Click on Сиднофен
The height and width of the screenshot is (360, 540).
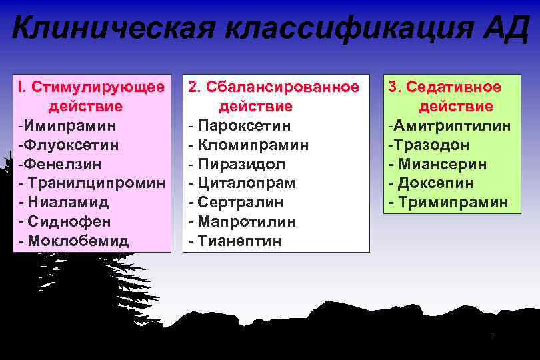(69, 221)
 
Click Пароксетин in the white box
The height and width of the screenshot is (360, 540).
(245, 125)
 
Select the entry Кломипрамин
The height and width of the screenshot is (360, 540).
(253, 145)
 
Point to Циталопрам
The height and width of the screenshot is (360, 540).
(246, 183)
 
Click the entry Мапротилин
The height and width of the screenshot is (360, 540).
(247, 221)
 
